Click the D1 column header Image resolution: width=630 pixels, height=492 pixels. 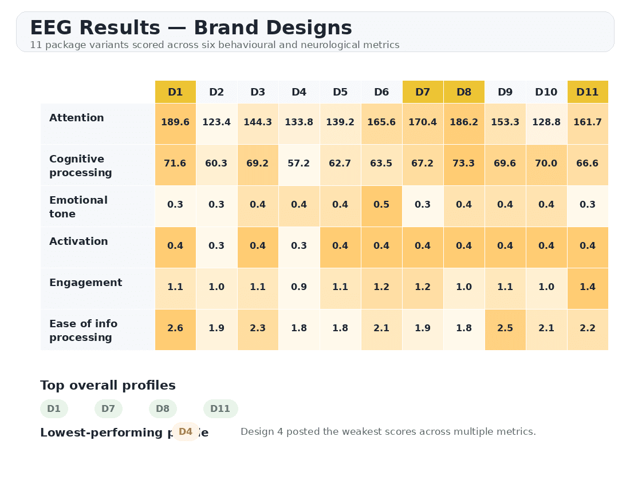point(175,92)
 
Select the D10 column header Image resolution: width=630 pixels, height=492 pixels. point(546,92)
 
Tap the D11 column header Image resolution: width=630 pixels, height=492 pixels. point(588,92)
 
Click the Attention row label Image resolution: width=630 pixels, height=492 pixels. point(77,118)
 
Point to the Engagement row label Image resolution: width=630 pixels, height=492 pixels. point(86,283)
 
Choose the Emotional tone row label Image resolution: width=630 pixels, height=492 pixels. point(78,207)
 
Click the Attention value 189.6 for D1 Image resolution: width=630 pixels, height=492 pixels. point(175,122)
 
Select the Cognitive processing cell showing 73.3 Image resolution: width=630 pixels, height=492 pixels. point(464,164)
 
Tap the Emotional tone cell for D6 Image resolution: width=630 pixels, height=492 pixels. point(381,205)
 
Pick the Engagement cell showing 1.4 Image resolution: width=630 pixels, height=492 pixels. point(588,287)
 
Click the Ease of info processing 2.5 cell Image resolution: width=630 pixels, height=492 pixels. point(505,328)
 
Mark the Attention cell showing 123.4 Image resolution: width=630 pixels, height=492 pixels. point(216,122)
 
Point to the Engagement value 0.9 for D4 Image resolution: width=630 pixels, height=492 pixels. point(299,287)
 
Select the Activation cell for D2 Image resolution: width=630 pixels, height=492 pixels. point(216,246)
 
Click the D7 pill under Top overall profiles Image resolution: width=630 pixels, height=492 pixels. point(108,409)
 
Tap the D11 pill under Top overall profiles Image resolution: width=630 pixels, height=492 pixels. point(220,409)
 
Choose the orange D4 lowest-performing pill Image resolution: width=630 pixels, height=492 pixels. point(186,432)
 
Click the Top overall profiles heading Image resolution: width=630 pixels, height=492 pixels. point(108,386)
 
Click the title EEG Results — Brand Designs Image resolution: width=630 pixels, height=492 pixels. point(191,28)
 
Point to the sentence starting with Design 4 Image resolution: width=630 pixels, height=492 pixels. point(388,432)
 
